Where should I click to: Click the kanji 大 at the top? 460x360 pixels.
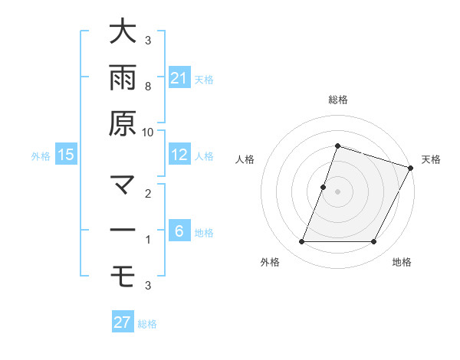[122, 32]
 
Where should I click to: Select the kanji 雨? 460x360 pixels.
[122, 77]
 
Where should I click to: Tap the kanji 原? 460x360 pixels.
[122, 123]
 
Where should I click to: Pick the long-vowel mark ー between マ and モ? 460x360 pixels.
[122, 231]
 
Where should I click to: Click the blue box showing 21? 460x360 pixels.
[179, 77]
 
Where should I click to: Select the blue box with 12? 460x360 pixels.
[179, 155]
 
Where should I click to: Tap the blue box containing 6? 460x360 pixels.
[179, 231]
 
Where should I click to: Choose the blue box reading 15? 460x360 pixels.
[66, 155]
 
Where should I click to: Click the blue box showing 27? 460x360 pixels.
[123, 322]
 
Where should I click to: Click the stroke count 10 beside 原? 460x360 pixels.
[147, 132]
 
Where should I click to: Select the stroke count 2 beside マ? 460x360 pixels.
[147, 195]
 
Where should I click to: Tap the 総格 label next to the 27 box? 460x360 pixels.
[147, 324]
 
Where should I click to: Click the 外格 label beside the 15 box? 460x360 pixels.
[41, 156]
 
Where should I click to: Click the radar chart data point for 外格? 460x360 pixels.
[301, 242]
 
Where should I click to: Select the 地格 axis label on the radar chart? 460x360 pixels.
[402, 263]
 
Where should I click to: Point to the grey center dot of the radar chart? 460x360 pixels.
[337, 191]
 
